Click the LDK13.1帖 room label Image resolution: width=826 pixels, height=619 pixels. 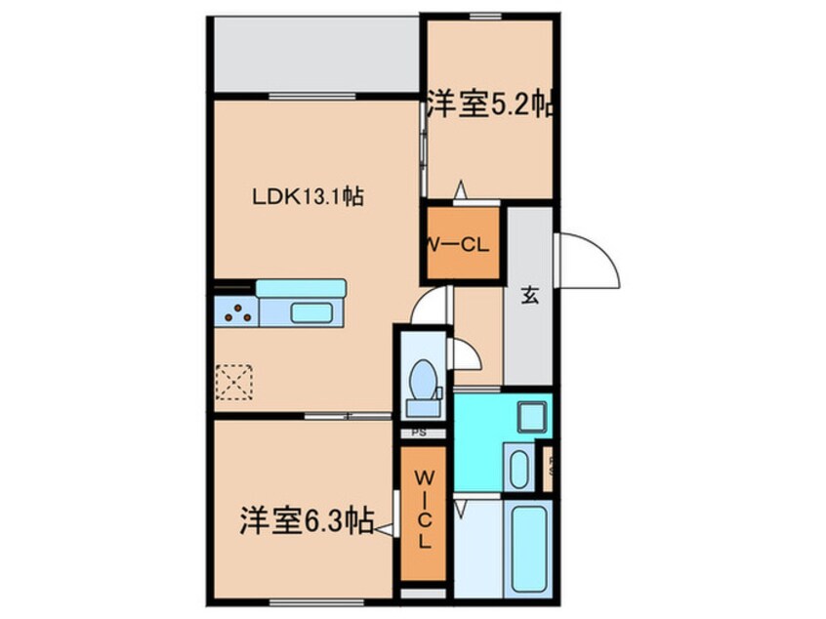[309, 196]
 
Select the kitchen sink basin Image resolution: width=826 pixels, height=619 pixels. [311, 312]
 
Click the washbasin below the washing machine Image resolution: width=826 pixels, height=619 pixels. [517, 467]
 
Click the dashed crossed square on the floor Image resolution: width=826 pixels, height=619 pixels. [234, 381]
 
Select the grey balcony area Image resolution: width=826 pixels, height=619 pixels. [316, 56]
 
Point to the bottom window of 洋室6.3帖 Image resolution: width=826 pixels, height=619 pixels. [297, 598]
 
